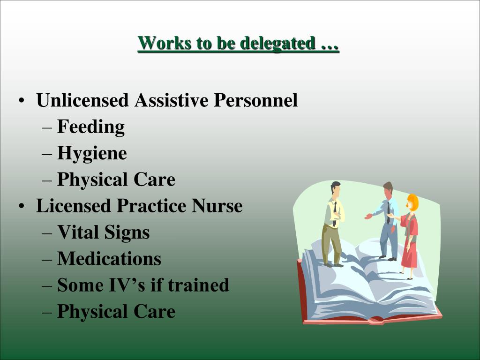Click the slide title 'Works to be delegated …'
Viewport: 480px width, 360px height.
(x=238, y=44)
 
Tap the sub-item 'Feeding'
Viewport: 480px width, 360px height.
(x=91, y=127)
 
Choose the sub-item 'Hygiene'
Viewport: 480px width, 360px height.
(x=92, y=153)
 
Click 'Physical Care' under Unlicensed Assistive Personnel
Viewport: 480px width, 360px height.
(x=116, y=180)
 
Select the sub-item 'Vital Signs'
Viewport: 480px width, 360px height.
(x=103, y=232)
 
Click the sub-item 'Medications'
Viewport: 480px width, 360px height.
(x=109, y=259)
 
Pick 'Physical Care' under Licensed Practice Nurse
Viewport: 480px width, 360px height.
(x=116, y=312)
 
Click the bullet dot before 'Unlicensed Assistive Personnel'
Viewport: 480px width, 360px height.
(x=22, y=102)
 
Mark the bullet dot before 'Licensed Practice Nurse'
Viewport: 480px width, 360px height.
(x=22, y=207)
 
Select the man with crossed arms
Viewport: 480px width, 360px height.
(x=333, y=220)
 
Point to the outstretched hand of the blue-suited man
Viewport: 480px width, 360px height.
(x=368, y=217)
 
